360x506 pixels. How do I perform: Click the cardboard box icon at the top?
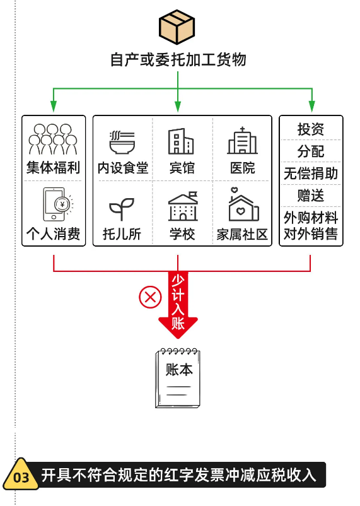[177, 26]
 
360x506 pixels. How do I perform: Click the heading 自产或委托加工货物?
[178, 60]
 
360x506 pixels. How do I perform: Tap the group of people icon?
[53, 139]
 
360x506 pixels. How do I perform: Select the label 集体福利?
[53, 167]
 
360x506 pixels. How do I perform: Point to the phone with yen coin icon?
[57, 204]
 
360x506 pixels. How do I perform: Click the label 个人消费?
[53, 233]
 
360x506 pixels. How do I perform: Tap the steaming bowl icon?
[122, 143]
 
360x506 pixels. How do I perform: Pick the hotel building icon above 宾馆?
[181, 141]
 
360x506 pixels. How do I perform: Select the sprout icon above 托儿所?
[122, 209]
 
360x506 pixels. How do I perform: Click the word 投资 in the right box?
[311, 129]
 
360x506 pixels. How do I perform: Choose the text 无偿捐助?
[311, 174]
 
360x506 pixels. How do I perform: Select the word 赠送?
[311, 196]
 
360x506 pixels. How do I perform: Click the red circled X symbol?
[150, 297]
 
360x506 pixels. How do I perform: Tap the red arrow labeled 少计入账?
[178, 305]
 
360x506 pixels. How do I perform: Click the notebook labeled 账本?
[178, 378]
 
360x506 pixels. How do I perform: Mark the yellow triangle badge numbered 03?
[21, 474]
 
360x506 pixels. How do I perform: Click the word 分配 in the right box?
[311, 151]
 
